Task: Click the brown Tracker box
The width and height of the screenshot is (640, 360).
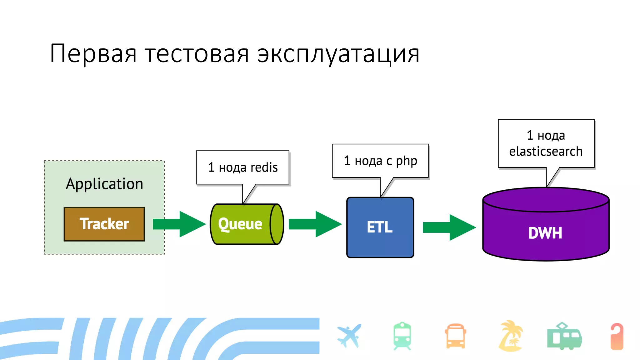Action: [x=104, y=224]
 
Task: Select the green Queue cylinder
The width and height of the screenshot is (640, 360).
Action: [x=247, y=224]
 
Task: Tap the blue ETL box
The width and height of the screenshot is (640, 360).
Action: [x=380, y=227]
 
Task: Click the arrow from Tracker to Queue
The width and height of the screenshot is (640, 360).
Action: [x=179, y=224]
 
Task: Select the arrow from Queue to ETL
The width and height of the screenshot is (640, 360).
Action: [x=315, y=224]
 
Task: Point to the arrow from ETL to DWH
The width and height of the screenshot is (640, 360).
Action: [x=449, y=227]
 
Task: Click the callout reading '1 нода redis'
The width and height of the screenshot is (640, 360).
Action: [x=243, y=167]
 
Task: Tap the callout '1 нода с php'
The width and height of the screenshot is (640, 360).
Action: [x=380, y=161]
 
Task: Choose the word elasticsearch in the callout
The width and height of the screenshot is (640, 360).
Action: [x=546, y=152]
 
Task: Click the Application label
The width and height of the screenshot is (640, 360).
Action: [x=104, y=184]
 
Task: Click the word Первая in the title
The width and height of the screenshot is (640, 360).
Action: [x=93, y=54]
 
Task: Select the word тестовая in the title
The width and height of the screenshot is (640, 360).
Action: [x=197, y=54]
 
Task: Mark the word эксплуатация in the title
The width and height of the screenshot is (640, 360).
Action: [x=338, y=54]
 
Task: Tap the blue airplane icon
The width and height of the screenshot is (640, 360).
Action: [x=349, y=336]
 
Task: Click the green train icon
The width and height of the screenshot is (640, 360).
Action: [x=402, y=336]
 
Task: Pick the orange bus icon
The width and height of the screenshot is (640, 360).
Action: [x=455, y=336]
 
